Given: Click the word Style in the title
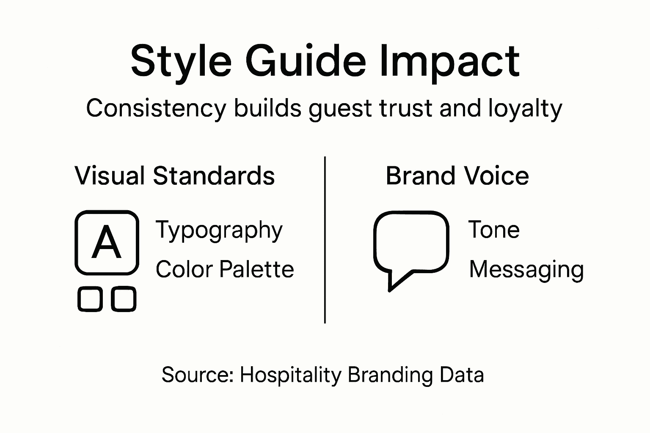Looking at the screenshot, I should pyautogui.click(x=181, y=61).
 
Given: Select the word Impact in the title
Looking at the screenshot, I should pyautogui.click(x=449, y=61).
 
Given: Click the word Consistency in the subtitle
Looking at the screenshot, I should pyautogui.click(x=156, y=108).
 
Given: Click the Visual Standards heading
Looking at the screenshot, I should pyautogui.click(x=175, y=175).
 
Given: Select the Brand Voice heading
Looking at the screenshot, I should pyautogui.click(x=457, y=175).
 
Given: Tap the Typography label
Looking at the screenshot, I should pyautogui.click(x=219, y=230).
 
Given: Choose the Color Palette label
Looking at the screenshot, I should pyautogui.click(x=225, y=269).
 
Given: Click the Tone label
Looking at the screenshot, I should pyautogui.click(x=494, y=230).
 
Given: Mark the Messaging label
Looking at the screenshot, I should pyautogui.click(x=526, y=270).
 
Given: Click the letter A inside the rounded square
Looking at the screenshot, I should pyautogui.click(x=107, y=243).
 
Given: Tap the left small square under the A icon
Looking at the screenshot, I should pyautogui.click(x=90, y=299).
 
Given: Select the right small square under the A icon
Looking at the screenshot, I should pyautogui.click(x=124, y=299).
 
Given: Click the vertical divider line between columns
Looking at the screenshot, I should pyautogui.click(x=325, y=240).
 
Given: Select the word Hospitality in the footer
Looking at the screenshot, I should pyautogui.click(x=290, y=375).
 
